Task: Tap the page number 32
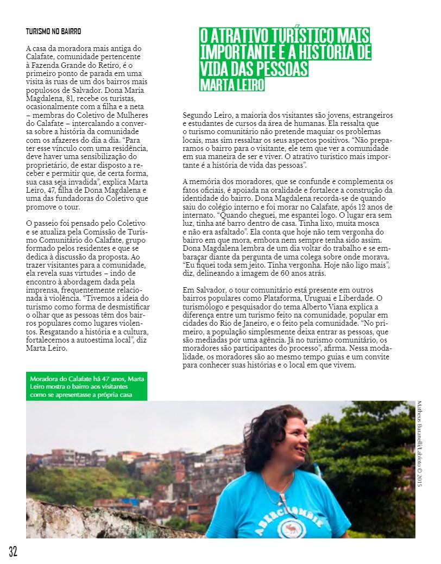[x=13, y=552]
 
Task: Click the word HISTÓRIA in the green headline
[x=337, y=53]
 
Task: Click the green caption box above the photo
[x=89, y=386]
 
